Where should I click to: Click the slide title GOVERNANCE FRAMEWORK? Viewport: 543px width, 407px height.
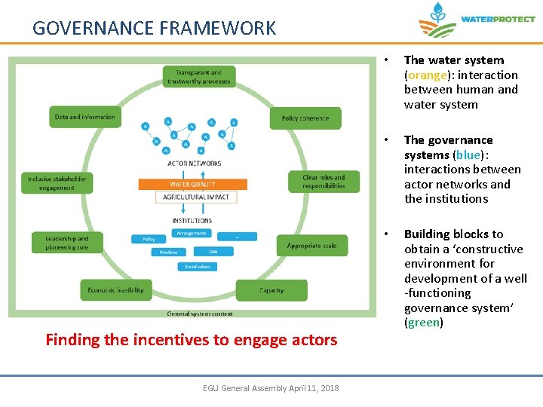pos(154,29)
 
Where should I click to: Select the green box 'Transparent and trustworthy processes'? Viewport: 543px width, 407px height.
pos(199,77)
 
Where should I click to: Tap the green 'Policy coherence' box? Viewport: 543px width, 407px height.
pos(305,118)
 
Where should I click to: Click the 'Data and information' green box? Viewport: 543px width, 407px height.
pos(84,117)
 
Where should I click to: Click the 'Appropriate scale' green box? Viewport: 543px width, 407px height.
pos(311,246)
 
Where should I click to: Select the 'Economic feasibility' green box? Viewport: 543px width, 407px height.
pos(116,289)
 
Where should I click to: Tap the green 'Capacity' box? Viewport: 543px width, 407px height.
pos(271,290)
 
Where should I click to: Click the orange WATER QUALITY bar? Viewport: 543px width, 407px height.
pos(192,184)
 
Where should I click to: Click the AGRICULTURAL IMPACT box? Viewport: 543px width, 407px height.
pos(195,197)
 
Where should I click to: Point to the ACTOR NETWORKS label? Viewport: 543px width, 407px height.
pos(194,163)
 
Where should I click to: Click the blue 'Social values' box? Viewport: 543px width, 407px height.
pos(197,267)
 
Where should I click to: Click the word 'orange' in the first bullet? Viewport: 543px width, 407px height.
pos(425,75)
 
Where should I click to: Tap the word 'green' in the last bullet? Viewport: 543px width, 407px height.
pos(423,323)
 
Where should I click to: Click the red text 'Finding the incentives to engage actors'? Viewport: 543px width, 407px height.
pos(191,340)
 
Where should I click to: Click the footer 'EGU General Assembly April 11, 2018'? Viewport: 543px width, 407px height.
pos(271,388)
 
